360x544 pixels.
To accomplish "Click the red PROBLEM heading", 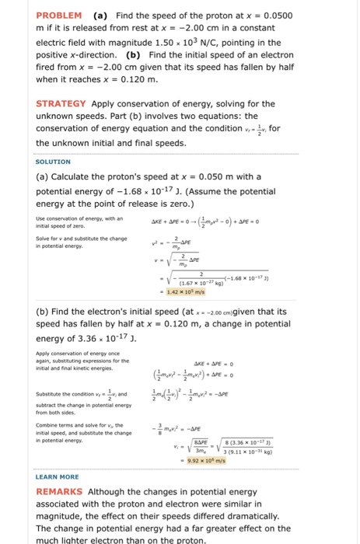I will (58, 15).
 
